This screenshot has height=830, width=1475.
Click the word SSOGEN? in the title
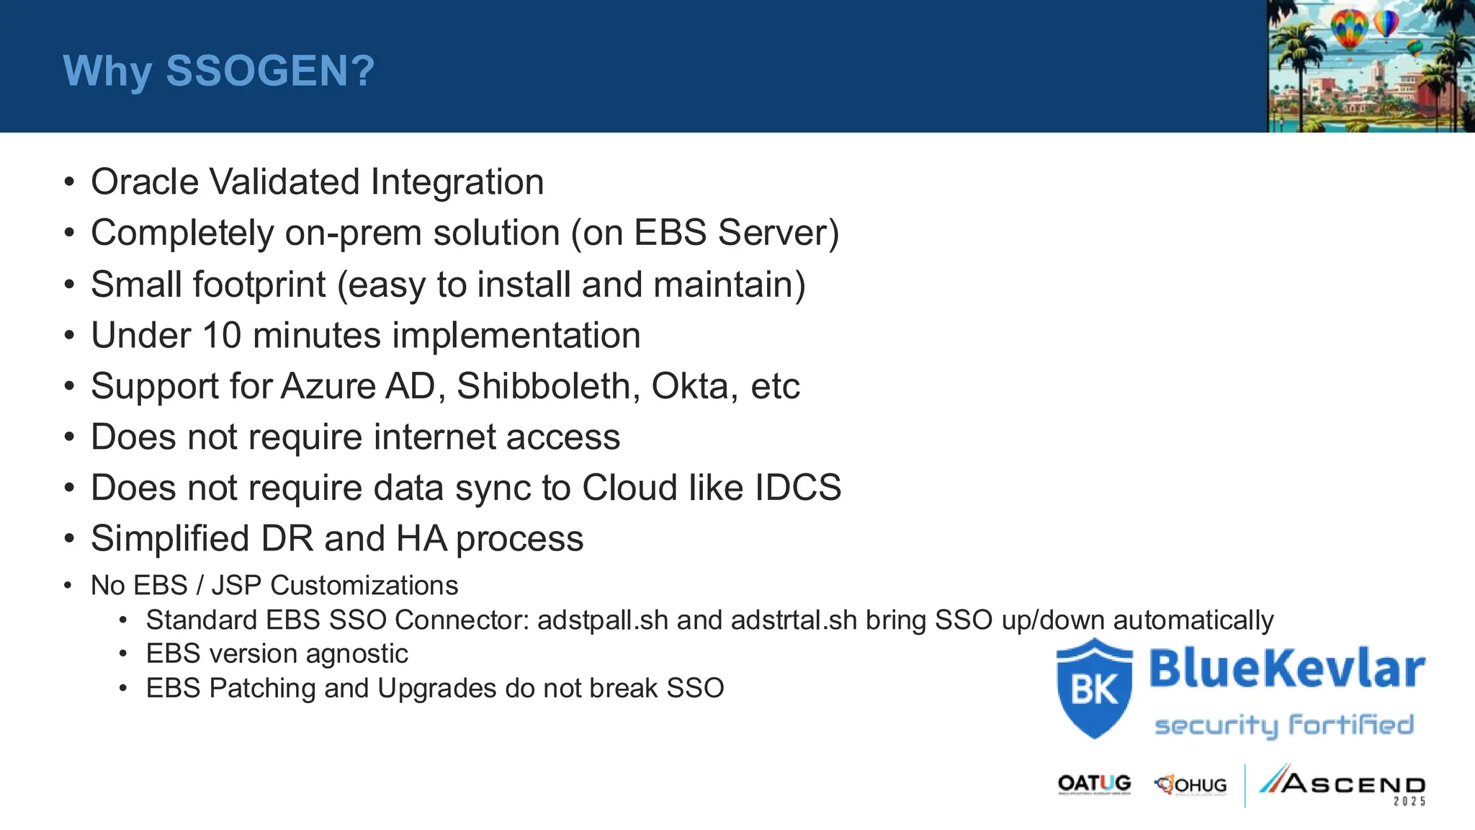[x=270, y=71]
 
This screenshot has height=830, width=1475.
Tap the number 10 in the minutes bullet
[x=221, y=335]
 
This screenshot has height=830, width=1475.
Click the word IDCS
[x=797, y=488]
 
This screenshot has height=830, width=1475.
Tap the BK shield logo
[x=1094, y=688]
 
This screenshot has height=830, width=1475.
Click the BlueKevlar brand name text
[x=1287, y=668]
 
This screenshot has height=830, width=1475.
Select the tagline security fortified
[x=1284, y=725]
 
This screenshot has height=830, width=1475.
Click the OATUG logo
[x=1094, y=784]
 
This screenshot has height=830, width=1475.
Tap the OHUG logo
[x=1191, y=785]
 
